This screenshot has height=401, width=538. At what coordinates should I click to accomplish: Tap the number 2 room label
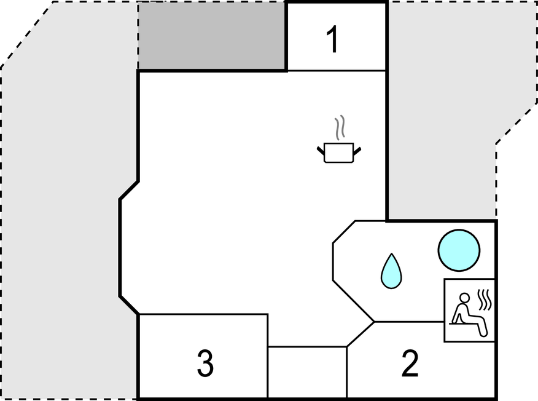click(410, 363)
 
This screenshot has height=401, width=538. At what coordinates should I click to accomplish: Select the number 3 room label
click(205, 363)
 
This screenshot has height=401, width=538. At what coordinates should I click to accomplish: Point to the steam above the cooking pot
click(340, 127)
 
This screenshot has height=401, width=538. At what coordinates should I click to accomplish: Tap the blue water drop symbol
click(391, 271)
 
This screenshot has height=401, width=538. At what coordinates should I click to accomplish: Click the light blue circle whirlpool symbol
click(459, 250)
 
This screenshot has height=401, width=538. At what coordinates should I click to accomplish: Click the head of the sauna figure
click(464, 298)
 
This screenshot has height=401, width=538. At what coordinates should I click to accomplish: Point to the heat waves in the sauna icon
click(485, 300)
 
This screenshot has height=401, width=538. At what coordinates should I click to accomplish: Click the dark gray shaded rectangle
click(212, 36)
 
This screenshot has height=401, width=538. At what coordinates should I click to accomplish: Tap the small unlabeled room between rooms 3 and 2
click(308, 372)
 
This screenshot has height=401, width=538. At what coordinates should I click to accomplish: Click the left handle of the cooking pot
click(321, 150)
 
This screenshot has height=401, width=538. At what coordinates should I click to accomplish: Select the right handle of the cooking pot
click(357, 150)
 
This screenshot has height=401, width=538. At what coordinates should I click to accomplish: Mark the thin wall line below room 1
click(337, 71)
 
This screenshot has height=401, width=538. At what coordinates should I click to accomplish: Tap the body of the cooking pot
click(338, 153)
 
